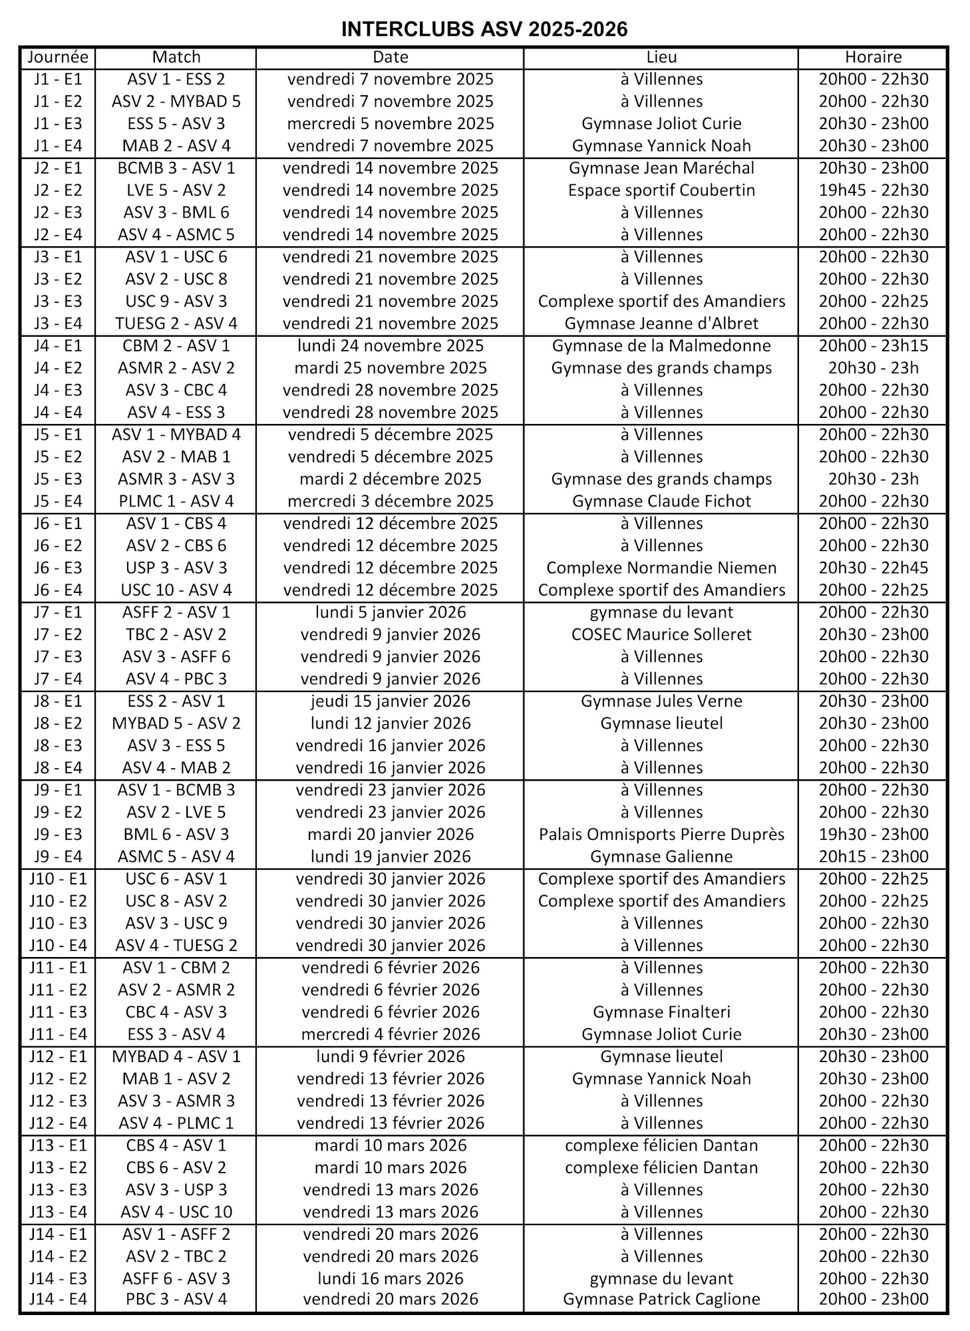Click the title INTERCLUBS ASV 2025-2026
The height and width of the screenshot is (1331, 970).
[x=484, y=29]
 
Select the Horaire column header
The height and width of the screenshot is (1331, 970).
[x=873, y=57]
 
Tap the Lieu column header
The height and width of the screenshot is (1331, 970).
[x=661, y=57]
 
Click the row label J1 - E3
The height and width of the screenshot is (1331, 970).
[x=58, y=124]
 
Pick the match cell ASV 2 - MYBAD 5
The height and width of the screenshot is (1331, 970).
[x=176, y=101]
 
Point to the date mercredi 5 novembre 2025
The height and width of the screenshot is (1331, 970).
[x=391, y=124]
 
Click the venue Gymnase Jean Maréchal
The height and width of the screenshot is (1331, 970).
[x=661, y=168]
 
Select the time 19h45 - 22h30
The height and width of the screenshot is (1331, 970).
[x=873, y=190]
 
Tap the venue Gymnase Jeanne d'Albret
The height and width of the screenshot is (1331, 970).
[x=661, y=323]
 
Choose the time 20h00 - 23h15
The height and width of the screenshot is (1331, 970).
[x=873, y=345]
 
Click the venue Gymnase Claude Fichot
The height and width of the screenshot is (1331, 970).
[x=661, y=501]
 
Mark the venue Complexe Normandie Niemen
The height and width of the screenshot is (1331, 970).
[x=661, y=568]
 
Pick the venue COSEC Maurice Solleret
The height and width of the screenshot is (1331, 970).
[x=661, y=634]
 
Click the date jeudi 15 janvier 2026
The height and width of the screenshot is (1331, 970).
[x=391, y=701]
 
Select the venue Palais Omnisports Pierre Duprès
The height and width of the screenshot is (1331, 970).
[x=661, y=835]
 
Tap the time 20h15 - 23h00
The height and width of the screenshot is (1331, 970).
[x=873, y=856]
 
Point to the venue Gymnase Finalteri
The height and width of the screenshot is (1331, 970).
[x=661, y=1012]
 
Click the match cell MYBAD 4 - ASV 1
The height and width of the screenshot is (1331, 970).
[x=176, y=1056]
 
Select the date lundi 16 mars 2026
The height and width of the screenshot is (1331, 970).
[x=391, y=1278]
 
